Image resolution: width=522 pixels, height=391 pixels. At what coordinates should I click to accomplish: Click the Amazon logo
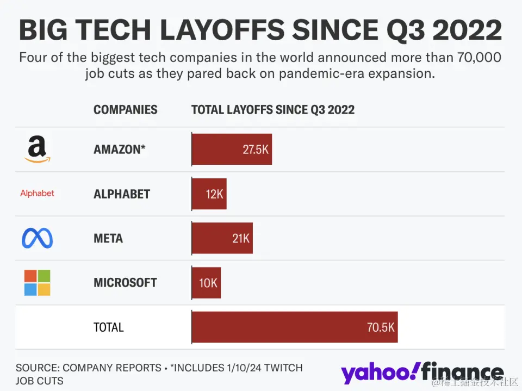tap(37, 150)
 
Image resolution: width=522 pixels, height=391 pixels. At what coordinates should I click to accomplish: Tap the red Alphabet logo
tap(37, 194)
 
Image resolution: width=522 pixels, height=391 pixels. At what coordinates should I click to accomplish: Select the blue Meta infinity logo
tap(37, 238)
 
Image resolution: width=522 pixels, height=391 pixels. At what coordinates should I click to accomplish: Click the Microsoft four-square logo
tap(37, 283)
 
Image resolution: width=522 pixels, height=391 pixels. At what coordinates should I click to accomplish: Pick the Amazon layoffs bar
tap(232, 150)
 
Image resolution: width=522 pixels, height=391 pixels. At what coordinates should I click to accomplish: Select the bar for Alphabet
tap(209, 194)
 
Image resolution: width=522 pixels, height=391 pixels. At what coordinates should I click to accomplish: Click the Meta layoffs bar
tap(222, 238)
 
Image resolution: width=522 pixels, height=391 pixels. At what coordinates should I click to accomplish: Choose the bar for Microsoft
tap(207, 283)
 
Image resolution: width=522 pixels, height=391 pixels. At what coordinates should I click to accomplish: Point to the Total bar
tap(295, 327)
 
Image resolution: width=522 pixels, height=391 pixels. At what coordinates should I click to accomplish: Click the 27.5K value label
tap(256, 150)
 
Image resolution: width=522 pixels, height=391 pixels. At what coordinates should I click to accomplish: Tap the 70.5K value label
tap(381, 327)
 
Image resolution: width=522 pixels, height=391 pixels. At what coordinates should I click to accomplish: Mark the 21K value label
tap(241, 238)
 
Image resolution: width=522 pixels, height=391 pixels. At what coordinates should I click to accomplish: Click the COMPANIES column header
tap(125, 110)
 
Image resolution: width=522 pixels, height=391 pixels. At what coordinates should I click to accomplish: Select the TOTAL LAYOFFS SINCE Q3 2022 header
tap(272, 110)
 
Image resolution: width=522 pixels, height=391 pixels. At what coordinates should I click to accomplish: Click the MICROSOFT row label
tap(125, 283)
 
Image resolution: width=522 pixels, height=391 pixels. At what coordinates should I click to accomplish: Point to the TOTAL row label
tap(109, 327)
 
